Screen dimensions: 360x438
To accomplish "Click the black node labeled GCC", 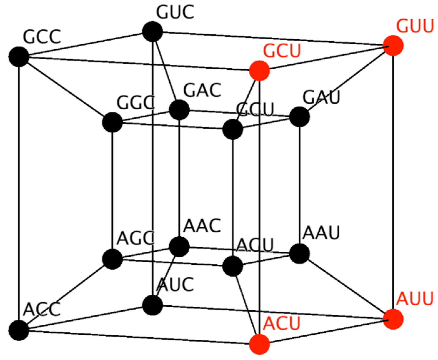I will pyautogui.click(x=19, y=57).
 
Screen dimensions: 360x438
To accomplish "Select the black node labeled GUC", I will pyautogui.click(x=152, y=32).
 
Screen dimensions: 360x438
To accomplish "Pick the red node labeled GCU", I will pyautogui.click(x=259, y=71).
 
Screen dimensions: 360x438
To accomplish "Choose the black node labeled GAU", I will pyautogui.click(x=300, y=117).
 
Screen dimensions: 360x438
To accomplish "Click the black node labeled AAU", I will pyautogui.click(x=300, y=253).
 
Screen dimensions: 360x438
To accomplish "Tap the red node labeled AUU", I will pyautogui.click(x=393, y=319).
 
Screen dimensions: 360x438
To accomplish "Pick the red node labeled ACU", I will pyautogui.click(x=259, y=344).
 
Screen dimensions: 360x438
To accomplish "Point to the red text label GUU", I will pyautogui.click(x=415, y=26).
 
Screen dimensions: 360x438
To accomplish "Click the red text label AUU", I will pyautogui.click(x=415, y=298).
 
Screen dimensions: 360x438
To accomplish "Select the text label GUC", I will pyautogui.click(x=175, y=12).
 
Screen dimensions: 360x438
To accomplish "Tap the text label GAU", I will pyautogui.click(x=321, y=97).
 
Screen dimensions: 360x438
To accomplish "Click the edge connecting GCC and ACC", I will pyautogui.click(x=19, y=194).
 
